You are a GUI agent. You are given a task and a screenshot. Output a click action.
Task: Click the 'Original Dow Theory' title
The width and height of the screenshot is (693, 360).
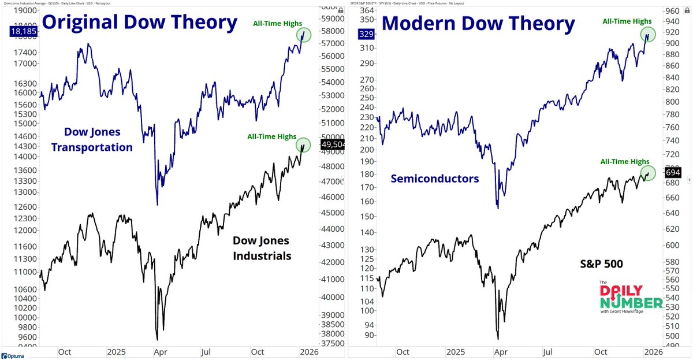140,23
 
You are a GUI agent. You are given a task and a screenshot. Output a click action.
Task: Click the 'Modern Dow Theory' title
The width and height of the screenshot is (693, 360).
478,24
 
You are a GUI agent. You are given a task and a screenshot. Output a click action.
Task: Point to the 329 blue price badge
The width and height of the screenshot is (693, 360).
366,34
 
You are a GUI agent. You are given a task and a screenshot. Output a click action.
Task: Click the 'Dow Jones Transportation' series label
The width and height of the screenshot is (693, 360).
92,140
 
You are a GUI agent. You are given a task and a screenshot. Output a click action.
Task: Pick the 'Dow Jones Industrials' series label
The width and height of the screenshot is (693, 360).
262,248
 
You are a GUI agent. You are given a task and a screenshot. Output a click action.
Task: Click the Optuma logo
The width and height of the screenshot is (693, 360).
13,355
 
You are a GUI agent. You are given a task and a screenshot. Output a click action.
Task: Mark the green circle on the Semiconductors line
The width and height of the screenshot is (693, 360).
647,35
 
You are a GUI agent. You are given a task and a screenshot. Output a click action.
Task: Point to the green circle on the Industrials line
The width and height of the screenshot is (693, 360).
303,145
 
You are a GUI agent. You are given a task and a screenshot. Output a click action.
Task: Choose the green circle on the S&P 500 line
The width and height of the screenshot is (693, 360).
647,173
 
